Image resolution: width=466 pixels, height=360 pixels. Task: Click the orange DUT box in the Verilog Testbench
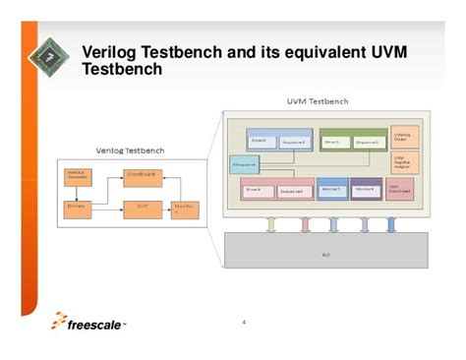pos(142,207)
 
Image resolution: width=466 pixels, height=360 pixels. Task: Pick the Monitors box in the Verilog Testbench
pos(184,209)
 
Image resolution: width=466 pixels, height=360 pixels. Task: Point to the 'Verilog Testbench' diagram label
pos(130,150)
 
